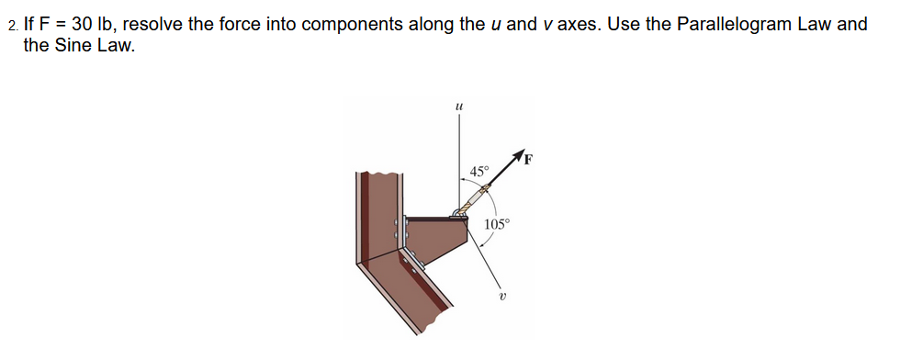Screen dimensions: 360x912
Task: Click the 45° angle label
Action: pos(479,171)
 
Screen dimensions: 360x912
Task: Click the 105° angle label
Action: pos(497,224)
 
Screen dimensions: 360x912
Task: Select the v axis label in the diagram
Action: pos(502,296)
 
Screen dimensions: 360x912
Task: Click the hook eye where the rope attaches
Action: pos(456,212)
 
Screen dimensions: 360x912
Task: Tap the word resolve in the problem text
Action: pos(154,24)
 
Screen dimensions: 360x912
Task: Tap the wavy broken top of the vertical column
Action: pos(376,173)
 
